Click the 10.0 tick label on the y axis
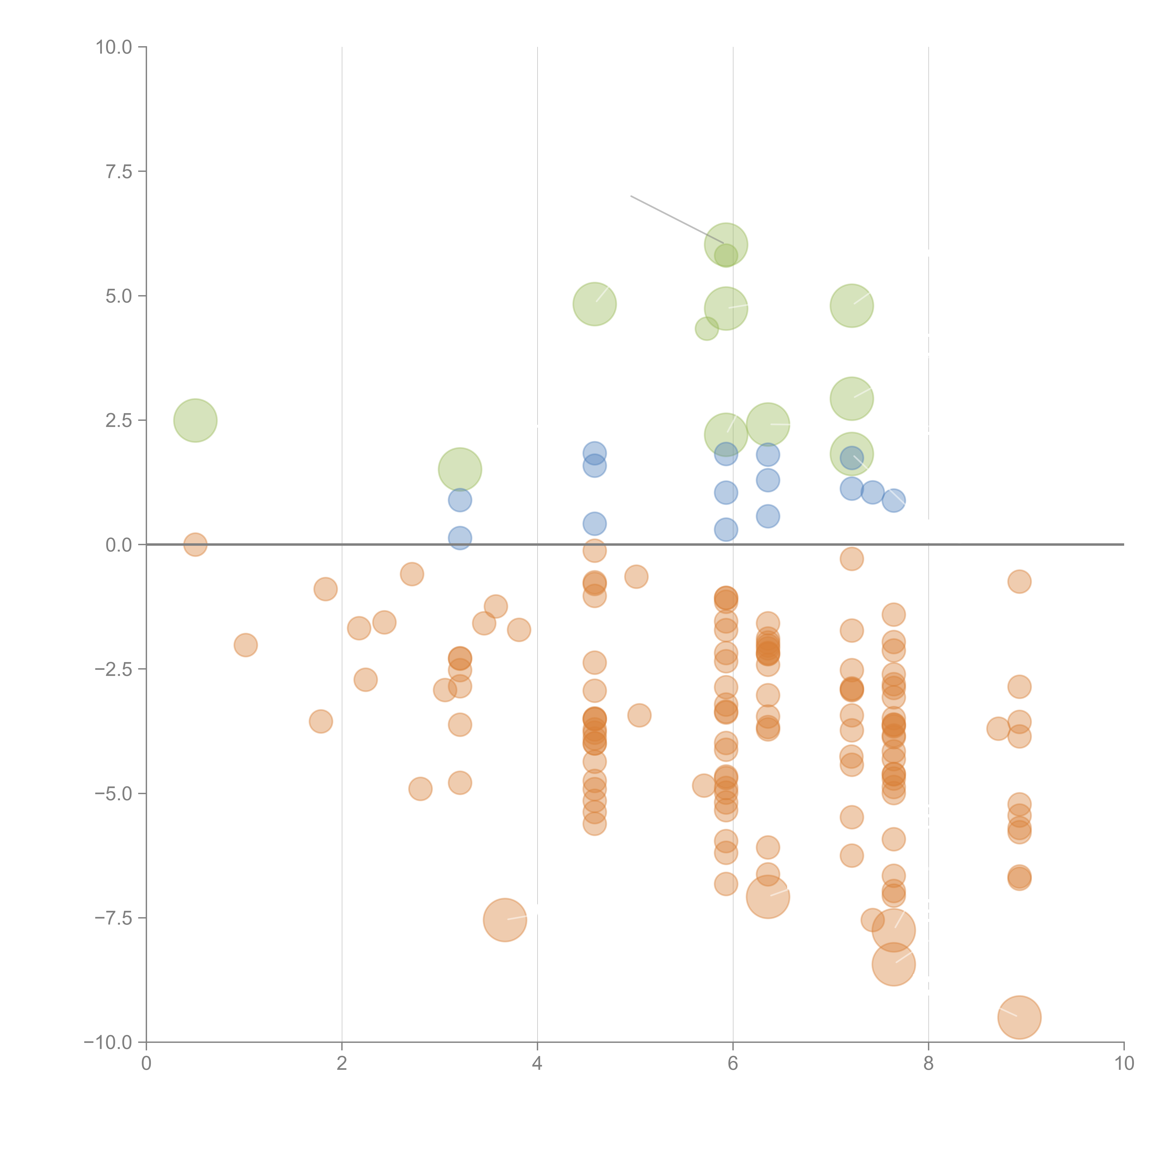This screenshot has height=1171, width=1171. click(x=114, y=47)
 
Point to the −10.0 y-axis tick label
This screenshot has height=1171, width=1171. click(x=108, y=1042)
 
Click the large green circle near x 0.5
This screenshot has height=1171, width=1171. click(x=195, y=420)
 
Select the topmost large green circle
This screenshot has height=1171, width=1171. click(x=726, y=244)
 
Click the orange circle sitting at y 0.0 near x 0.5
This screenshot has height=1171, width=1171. click(x=195, y=544)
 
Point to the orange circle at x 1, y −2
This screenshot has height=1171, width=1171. click(x=245, y=645)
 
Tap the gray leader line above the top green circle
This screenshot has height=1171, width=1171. click(x=676, y=219)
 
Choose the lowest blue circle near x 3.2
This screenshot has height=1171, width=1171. click(x=460, y=538)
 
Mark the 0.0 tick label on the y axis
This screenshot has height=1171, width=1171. click(x=119, y=545)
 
